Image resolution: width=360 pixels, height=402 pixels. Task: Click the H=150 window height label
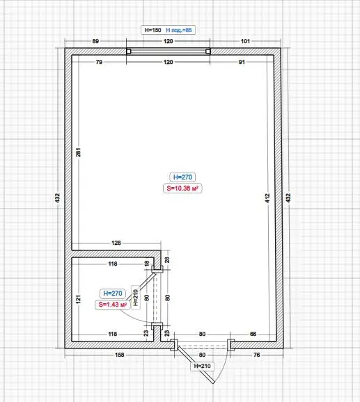point(152,30)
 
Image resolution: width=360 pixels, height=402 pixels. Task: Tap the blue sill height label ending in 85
point(179,30)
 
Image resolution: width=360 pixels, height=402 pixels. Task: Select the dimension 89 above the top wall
point(95,41)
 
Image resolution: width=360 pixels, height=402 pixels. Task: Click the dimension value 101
point(245,41)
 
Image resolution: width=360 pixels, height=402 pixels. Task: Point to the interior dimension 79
point(99,62)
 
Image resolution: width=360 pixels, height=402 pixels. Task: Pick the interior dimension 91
point(242,62)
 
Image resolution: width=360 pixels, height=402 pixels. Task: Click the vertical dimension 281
point(78,152)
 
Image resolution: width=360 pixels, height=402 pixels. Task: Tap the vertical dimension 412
point(267,198)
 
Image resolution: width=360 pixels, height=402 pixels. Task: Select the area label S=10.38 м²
point(182,188)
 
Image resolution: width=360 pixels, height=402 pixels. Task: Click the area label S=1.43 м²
point(113,305)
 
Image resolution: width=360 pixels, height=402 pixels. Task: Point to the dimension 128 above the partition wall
point(116,243)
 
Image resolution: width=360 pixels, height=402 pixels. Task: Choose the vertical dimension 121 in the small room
point(78,299)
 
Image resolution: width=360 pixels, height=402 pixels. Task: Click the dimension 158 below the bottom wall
point(120,355)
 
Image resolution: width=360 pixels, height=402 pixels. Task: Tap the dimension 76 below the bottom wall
point(256,355)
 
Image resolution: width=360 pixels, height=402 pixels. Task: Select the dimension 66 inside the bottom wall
point(253,334)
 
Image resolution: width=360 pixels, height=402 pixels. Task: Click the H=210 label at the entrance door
point(202,366)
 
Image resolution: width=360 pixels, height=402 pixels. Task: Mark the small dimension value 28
point(167,260)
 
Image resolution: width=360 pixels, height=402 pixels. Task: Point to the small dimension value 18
point(146,264)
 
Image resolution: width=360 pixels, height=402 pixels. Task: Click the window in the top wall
point(169,51)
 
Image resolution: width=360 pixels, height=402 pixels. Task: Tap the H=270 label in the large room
point(182,177)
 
